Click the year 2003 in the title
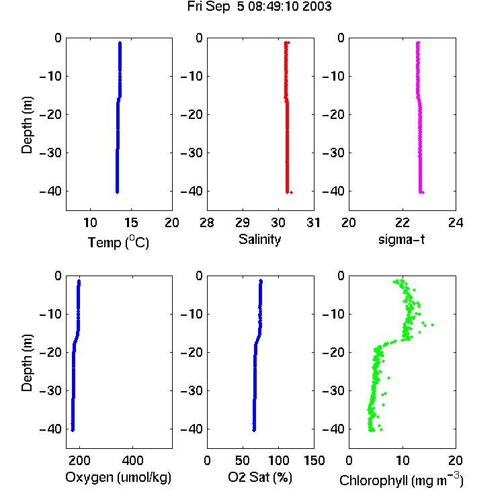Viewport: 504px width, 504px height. (x=317, y=7)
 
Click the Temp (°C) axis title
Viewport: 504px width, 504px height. (x=118, y=242)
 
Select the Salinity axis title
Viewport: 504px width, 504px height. (x=259, y=239)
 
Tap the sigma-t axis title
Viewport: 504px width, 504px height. (x=401, y=239)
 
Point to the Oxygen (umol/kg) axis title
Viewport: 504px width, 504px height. (x=118, y=478)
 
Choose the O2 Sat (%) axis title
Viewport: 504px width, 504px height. (x=260, y=477)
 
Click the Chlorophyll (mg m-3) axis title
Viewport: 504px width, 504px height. (x=401, y=480)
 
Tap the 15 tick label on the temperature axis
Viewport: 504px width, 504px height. (x=131, y=222)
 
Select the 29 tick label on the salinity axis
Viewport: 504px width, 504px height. (x=243, y=222)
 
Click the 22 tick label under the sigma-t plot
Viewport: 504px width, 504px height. (x=402, y=222)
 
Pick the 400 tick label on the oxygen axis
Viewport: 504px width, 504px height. (x=132, y=460)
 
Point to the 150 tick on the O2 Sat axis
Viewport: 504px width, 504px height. (x=314, y=460)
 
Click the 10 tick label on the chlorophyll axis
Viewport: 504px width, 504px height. (x=402, y=460)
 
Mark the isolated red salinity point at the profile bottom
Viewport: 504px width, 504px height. (x=291, y=193)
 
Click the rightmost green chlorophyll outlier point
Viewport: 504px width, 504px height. (x=433, y=325)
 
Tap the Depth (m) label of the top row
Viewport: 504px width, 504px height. (x=27, y=125)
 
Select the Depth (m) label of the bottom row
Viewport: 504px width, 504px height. (x=27, y=363)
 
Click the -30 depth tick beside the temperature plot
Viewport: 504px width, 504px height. (x=50, y=153)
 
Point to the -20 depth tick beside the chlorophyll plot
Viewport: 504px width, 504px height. (x=333, y=352)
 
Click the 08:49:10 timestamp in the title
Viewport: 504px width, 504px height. (x=269, y=7)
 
